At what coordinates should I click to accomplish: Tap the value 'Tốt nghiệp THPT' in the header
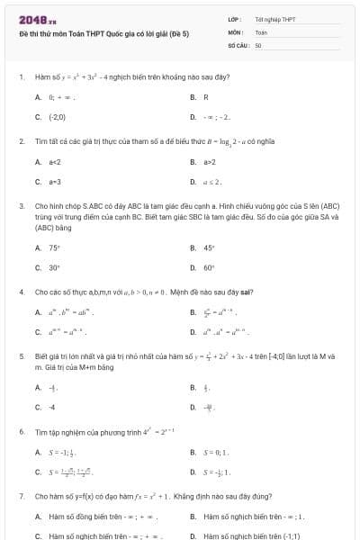point(274,19)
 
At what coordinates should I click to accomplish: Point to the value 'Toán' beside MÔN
point(261,31)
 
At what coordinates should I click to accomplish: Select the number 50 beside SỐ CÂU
point(258,44)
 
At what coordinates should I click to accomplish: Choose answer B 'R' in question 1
point(205,97)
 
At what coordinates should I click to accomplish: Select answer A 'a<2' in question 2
point(55,162)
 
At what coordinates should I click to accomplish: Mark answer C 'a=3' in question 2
point(55,182)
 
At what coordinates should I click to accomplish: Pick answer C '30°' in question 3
point(55,267)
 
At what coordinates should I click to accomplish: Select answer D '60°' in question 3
point(210,267)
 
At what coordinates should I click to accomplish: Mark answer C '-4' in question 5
point(53,407)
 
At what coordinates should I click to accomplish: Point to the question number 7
point(21,496)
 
